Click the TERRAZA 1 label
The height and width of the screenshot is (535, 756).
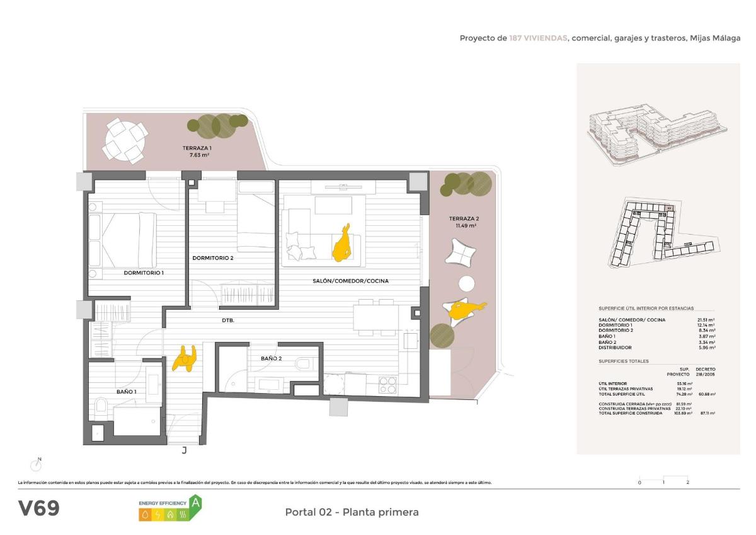(193, 151)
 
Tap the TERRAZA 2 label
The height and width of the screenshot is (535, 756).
(463, 221)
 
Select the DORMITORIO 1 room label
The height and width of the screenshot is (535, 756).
(144, 273)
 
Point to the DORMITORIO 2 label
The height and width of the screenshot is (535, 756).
(213, 258)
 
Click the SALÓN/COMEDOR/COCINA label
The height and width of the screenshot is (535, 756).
(350, 281)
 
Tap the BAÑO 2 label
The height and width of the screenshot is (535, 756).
(271, 358)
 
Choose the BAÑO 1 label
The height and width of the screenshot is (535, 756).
(126, 392)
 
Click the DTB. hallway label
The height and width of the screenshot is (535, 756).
(228, 320)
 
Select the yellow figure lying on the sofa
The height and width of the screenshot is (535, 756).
(342, 244)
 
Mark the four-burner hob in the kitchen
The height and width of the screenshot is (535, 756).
(387, 384)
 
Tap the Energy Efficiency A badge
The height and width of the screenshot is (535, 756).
(170, 509)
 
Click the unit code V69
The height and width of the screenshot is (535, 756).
(39, 509)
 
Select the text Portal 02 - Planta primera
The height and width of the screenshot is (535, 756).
(352, 512)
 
